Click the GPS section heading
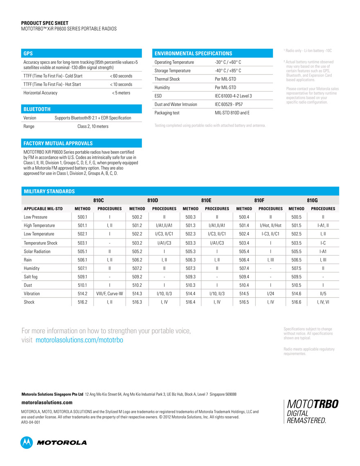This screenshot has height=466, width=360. tap(28, 53)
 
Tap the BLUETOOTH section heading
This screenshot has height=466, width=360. tap(37, 109)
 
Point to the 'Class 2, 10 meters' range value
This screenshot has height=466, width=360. tap(93, 126)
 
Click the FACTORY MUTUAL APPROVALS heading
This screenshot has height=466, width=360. tap(58, 143)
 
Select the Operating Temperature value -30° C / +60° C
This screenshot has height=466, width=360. tap(228, 62)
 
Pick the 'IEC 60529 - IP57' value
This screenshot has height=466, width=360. tap(229, 104)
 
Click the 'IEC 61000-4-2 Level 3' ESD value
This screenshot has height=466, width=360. tap(233, 96)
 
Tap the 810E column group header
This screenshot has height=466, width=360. tap(206, 200)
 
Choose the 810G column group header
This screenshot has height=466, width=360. tap(312, 200)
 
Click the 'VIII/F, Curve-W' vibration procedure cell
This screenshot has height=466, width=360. tap(110, 294)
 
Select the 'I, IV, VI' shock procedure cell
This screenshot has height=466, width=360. tap(323, 302)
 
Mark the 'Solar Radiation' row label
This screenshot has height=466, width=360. tap(37, 251)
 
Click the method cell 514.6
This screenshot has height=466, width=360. tap(296, 294)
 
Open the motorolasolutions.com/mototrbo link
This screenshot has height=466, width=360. tap(79, 340)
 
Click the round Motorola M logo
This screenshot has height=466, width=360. tap(27, 442)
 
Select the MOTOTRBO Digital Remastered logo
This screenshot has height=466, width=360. tap(311, 412)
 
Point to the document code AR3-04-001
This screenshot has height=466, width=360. tap(31, 422)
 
